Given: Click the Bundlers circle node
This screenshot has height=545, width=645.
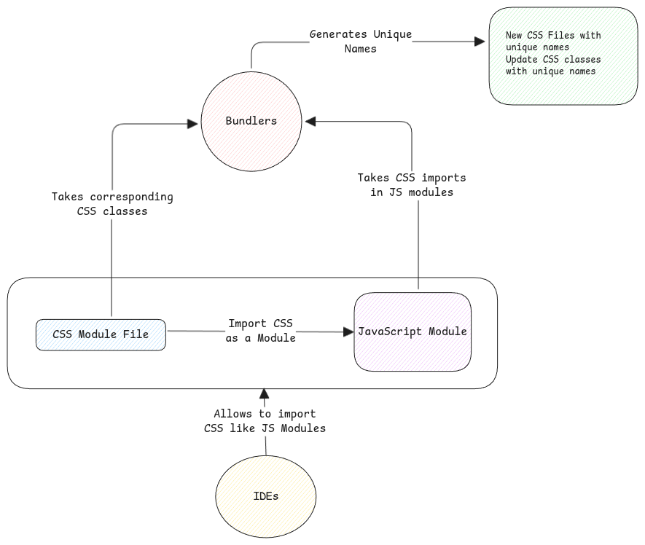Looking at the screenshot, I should [x=251, y=121].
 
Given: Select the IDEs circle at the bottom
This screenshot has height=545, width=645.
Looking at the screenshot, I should [x=266, y=496].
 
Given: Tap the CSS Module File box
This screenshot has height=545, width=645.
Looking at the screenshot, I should [x=101, y=334].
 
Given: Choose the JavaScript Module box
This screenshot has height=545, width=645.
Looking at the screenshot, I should [x=413, y=332].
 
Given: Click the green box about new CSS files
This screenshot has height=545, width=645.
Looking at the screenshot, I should [x=563, y=56].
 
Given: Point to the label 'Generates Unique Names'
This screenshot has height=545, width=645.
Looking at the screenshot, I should [x=361, y=42].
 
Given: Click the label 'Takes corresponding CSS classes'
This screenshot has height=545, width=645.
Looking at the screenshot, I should [x=112, y=204].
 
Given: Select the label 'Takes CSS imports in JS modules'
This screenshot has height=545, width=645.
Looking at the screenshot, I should [x=412, y=185].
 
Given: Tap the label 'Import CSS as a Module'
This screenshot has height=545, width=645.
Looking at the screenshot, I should [x=261, y=331].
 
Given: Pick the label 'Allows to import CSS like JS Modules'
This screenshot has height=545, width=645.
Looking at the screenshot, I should [x=265, y=421].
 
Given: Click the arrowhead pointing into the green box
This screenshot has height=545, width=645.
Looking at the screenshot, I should [x=480, y=42].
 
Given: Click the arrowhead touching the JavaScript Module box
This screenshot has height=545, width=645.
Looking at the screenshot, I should [x=348, y=332].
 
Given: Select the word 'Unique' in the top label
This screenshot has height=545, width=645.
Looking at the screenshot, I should [x=393, y=34].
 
